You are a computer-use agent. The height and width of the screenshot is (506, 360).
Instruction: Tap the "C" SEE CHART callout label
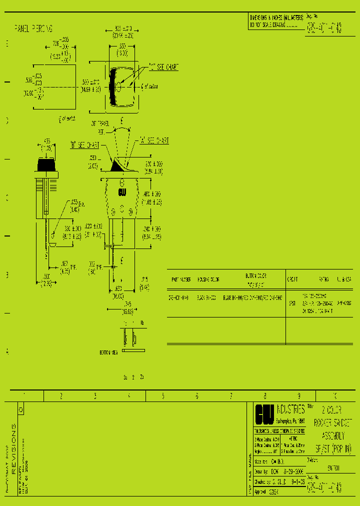click(x=163, y=66)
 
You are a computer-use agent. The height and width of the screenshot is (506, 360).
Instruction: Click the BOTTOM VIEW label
click(x=108, y=352)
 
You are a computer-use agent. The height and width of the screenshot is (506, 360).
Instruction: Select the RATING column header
click(x=324, y=279)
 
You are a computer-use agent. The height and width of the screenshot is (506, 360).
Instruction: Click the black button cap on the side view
click(x=46, y=164)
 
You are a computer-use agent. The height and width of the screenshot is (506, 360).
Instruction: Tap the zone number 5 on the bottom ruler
click(x=162, y=396)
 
